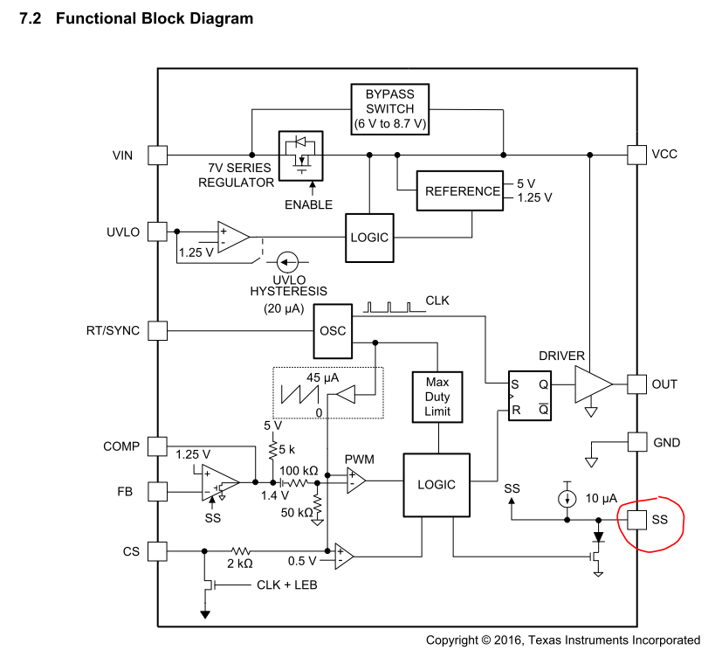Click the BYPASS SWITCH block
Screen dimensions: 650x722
tap(390, 108)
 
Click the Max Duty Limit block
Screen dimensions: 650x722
tap(437, 397)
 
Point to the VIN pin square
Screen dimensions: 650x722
tap(157, 156)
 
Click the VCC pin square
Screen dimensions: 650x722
tap(637, 156)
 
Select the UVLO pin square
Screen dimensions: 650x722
tap(157, 232)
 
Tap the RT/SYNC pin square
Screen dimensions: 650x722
tap(157, 331)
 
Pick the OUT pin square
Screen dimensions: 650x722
tap(637, 384)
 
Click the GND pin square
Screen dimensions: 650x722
tap(637, 442)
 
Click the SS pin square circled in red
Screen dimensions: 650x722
tap(637, 519)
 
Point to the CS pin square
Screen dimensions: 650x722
tap(157, 550)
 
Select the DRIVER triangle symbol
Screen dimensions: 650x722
tap(592, 384)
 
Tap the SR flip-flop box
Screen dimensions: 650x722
tap(531, 396)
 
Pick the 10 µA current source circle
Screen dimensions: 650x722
tap(568, 498)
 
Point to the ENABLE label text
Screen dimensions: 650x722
tap(308, 204)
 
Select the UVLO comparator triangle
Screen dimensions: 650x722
tap(232, 237)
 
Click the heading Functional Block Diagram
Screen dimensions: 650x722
tap(155, 18)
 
